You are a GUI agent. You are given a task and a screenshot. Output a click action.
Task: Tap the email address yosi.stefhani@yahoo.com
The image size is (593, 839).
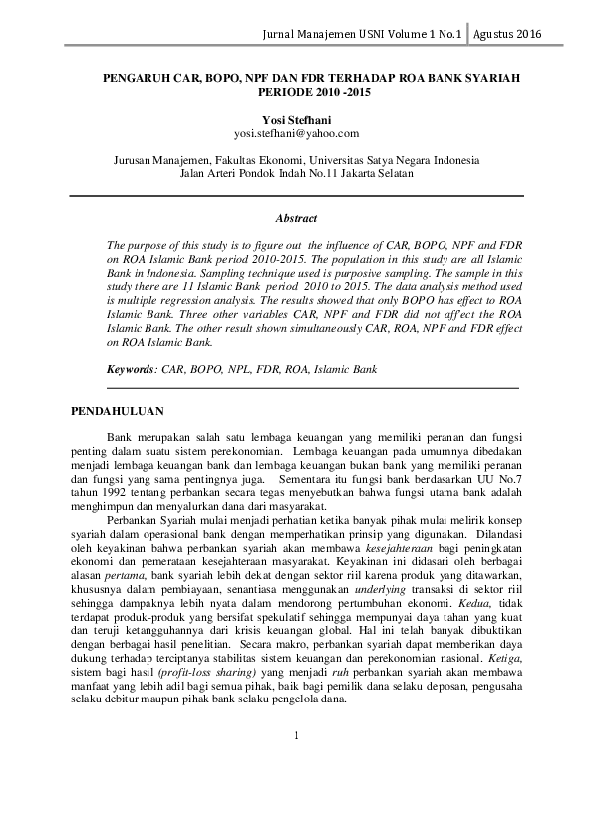coord(296,133)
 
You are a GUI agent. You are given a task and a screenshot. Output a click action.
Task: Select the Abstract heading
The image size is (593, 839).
coord(296,217)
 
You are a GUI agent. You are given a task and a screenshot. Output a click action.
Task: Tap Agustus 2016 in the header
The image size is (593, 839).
coord(508,34)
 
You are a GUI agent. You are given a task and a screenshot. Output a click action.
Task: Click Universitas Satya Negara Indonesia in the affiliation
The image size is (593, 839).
coord(395,158)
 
